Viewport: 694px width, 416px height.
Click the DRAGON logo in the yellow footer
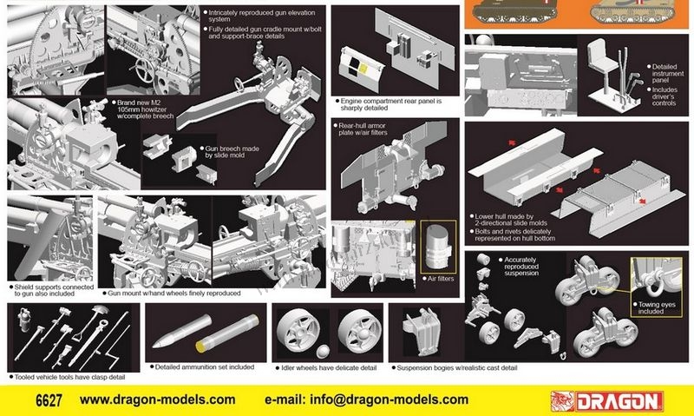pos(606,401)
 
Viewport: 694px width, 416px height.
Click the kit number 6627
pos(49,400)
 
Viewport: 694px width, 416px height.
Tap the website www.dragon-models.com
pos(158,399)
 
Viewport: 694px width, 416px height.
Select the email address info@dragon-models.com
pos(366,399)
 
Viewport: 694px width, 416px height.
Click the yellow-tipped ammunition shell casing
pos(227,333)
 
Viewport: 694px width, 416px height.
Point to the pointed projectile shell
pos(181,331)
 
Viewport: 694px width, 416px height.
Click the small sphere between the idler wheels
pos(323,352)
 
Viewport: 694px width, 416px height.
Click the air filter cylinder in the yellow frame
pos(438,248)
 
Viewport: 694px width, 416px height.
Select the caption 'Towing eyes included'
pos(657,308)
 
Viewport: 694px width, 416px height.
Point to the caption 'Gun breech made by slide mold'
pos(229,152)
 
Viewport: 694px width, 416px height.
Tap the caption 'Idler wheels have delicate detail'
pos(326,367)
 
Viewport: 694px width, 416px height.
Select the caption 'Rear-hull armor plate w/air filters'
pos(360,129)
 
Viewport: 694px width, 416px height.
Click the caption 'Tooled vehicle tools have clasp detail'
pos(68,377)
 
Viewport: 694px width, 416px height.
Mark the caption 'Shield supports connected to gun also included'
pos(51,290)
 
